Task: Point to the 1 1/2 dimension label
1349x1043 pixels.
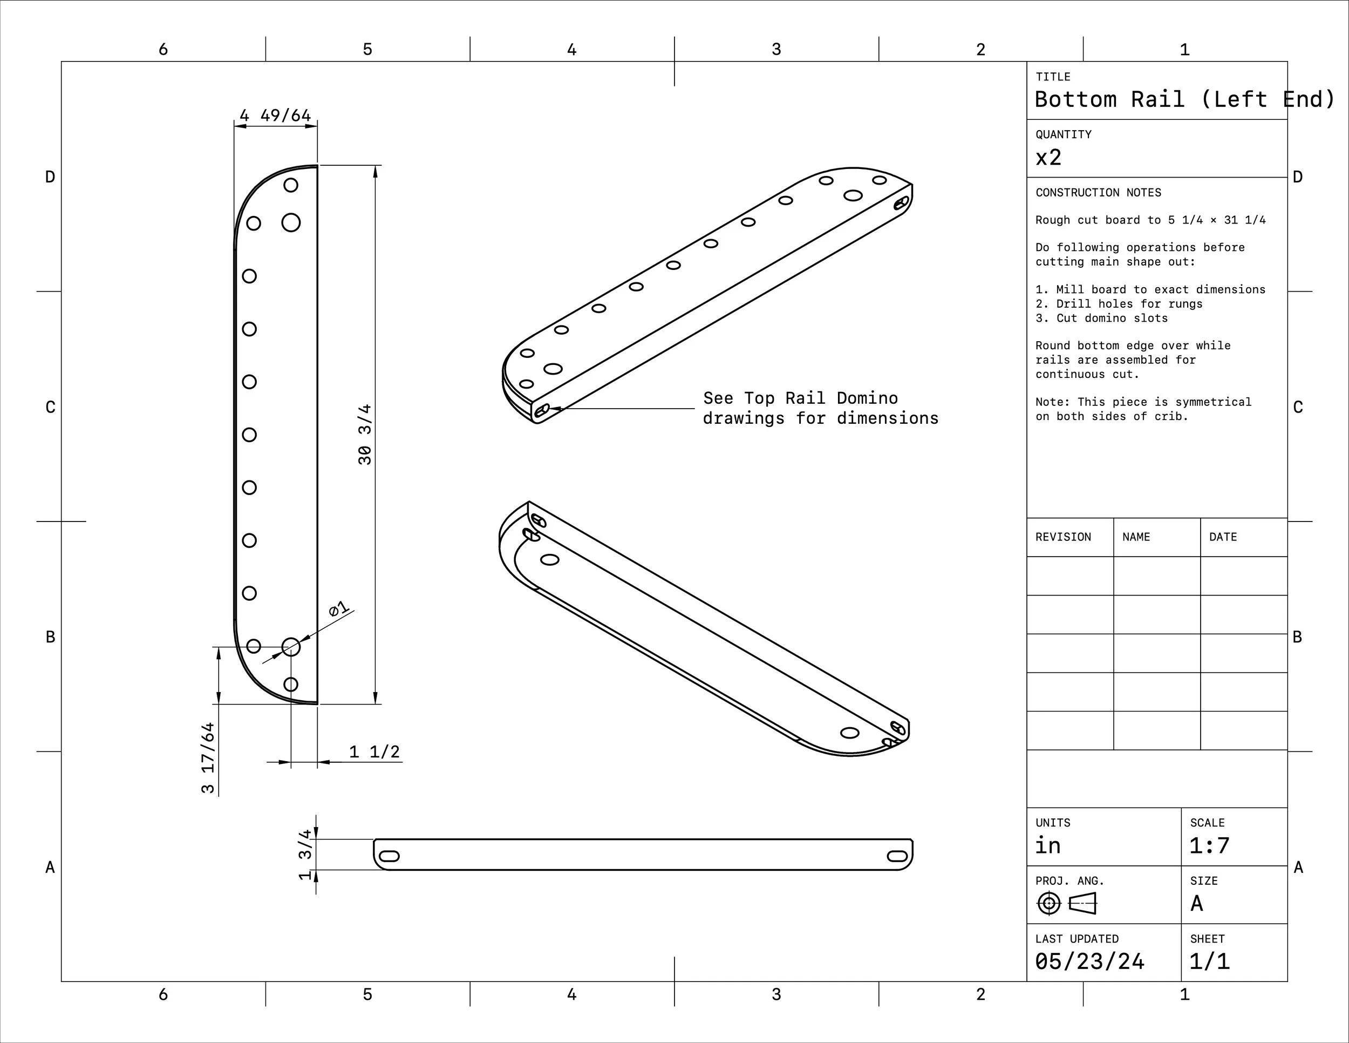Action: pyautogui.click(x=374, y=752)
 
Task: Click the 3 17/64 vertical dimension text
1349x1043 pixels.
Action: pyautogui.click(x=208, y=757)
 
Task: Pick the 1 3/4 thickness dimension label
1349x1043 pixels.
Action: pyautogui.click(x=305, y=855)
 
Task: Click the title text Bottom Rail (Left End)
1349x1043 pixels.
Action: pyautogui.click(x=1183, y=99)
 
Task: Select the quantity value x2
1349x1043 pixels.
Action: pyautogui.click(x=1048, y=158)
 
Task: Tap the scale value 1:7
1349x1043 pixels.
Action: pyautogui.click(x=1209, y=845)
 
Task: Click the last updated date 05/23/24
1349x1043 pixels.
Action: pyautogui.click(x=1089, y=961)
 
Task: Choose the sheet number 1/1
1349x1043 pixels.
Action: pyautogui.click(x=1209, y=961)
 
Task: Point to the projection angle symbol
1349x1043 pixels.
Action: pyautogui.click(x=1066, y=903)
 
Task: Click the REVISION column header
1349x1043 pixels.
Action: pyautogui.click(x=1063, y=537)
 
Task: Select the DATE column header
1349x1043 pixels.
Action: pyautogui.click(x=1222, y=537)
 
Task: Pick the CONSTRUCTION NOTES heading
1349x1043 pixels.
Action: pyautogui.click(x=1098, y=193)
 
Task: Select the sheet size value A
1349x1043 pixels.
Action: pyautogui.click(x=1196, y=903)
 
